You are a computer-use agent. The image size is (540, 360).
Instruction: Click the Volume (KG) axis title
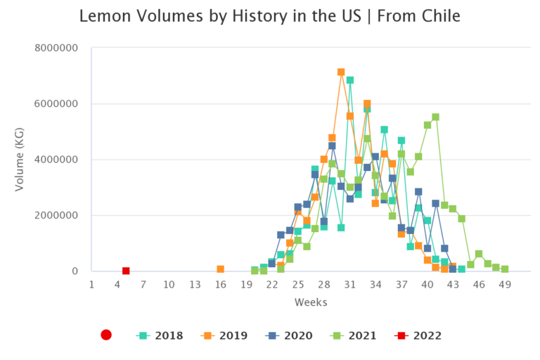click(x=20, y=159)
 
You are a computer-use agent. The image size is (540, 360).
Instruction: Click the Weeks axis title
click(x=309, y=302)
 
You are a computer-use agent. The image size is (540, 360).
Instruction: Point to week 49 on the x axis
click(x=504, y=284)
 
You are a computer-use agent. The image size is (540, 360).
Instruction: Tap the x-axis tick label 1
click(x=91, y=284)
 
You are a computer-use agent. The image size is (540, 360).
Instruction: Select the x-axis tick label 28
click(x=323, y=284)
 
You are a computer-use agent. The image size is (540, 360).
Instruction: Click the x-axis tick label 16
click(x=220, y=284)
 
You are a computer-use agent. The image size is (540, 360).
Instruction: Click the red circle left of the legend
click(x=106, y=335)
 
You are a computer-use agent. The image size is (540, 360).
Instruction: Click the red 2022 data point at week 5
click(x=126, y=271)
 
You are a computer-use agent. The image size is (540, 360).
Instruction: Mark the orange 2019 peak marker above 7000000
click(x=341, y=72)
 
